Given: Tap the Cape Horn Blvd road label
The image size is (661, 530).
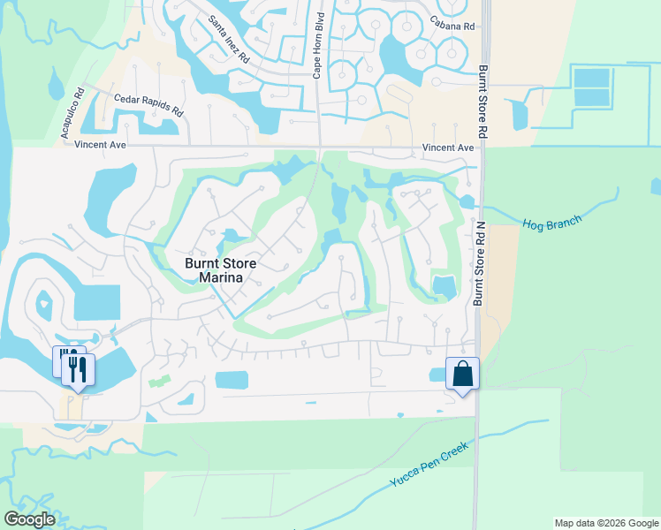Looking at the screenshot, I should click(x=318, y=47).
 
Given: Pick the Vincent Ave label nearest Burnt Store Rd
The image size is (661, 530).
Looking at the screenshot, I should click(x=448, y=148).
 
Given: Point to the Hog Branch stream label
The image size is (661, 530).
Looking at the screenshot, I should click(x=551, y=224).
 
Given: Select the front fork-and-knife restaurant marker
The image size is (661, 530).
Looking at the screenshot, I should click(x=77, y=369).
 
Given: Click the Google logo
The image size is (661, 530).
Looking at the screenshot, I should click(x=29, y=519).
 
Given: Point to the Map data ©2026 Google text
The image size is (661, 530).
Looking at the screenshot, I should click(x=605, y=523).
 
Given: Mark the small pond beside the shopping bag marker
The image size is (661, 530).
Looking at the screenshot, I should click(x=437, y=375).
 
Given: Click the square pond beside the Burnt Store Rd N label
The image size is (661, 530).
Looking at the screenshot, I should click(x=444, y=286).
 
